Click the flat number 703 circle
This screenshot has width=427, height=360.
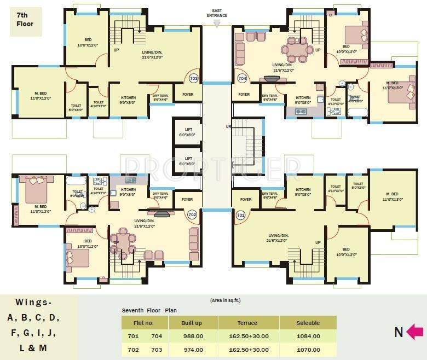click(x=193, y=78)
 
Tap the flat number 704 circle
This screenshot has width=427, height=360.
click(x=243, y=78)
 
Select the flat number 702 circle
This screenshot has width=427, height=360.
click(x=192, y=215)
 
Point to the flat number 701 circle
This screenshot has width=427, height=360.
click(x=240, y=215)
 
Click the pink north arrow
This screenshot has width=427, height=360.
click(x=414, y=331)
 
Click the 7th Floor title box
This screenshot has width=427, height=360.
click(x=25, y=21)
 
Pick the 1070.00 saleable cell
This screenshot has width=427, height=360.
click(x=308, y=350)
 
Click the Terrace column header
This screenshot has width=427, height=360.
click(x=247, y=323)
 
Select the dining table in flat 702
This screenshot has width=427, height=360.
click(x=123, y=242)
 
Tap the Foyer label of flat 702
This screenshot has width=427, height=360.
click(x=188, y=200)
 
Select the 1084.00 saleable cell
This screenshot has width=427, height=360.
click(x=308, y=336)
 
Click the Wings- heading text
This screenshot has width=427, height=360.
click(x=34, y=302)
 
